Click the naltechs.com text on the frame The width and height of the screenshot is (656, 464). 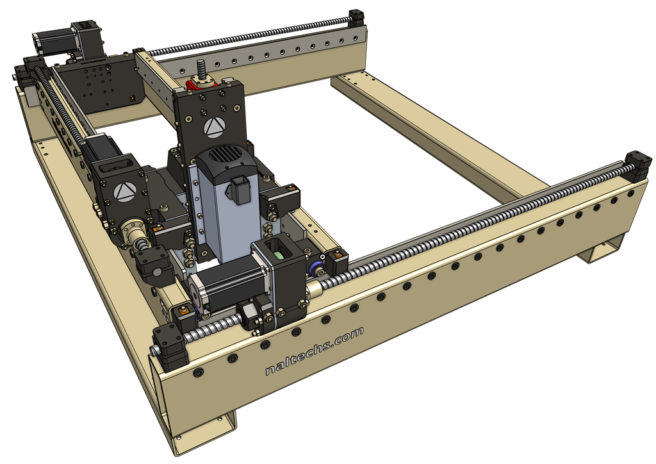[x=314, y=351]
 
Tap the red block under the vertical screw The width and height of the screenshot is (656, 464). [x=197, y=86]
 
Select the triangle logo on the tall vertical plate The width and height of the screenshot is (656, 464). [x=215, y=127]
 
